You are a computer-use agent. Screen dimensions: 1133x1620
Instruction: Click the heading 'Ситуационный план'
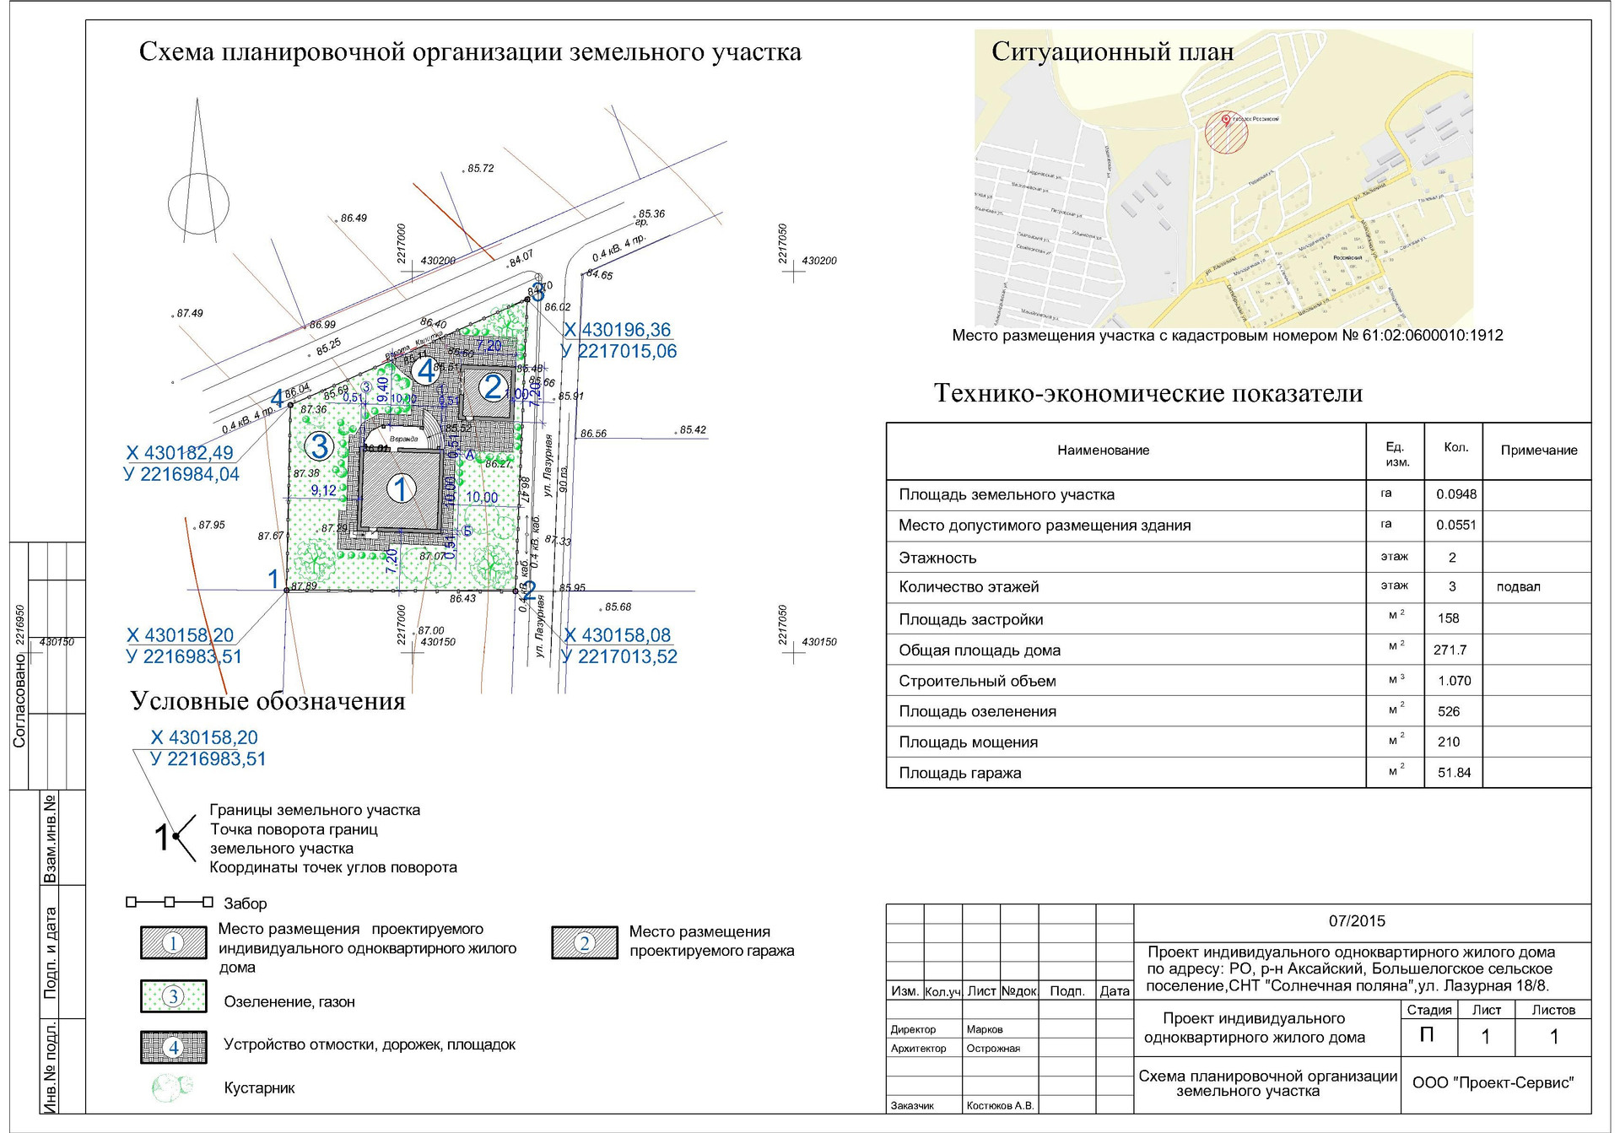(1112, 52)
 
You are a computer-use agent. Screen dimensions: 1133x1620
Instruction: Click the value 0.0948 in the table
(1456, 494)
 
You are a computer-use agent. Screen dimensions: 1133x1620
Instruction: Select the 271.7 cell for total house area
(1450, 650)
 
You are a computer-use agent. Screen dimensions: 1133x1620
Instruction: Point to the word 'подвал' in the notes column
(1518, 587)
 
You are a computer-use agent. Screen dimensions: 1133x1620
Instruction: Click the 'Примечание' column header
(1538, 451)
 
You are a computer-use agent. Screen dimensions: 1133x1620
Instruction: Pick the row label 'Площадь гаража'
(959, 773)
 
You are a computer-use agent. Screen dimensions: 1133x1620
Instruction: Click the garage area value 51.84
(1454, 773)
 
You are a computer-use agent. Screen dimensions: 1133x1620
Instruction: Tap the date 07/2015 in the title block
(1357, 921)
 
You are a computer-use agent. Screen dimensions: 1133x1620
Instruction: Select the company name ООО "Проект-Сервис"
(1493, 1083)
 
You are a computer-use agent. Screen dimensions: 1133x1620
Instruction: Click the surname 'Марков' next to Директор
(985, 1029)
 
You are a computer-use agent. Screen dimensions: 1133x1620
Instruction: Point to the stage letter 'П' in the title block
(1427, 1035)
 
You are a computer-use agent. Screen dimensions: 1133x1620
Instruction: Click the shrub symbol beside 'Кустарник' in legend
(173, 1087)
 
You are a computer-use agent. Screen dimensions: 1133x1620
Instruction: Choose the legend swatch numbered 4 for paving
(174, 1047)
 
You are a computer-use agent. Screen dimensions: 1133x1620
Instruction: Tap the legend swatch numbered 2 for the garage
(584, 943)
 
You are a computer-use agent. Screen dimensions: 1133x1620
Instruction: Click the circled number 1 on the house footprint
(401, 488)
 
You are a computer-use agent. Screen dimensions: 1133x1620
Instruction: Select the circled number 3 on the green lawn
(319, 445)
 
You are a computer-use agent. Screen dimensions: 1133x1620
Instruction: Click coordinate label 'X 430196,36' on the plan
(617, 330)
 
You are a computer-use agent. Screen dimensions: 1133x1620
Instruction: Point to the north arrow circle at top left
(198, 203)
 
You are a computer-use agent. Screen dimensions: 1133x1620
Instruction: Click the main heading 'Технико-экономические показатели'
(1148, 393)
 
